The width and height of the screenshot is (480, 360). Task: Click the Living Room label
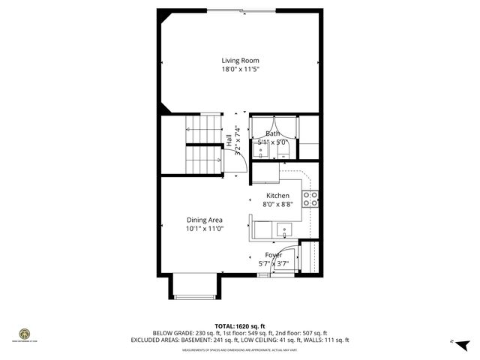point(239,61)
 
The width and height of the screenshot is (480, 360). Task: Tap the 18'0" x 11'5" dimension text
point(239,69)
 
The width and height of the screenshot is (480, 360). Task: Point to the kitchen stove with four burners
point(310,199)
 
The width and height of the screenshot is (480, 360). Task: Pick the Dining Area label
point(205,220)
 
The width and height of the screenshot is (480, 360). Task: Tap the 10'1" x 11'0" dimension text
point(205,229)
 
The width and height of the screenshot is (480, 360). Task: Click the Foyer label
point(273,255)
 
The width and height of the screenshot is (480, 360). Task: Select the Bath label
point(272,133)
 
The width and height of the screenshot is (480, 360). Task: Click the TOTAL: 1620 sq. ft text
point(239,325)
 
